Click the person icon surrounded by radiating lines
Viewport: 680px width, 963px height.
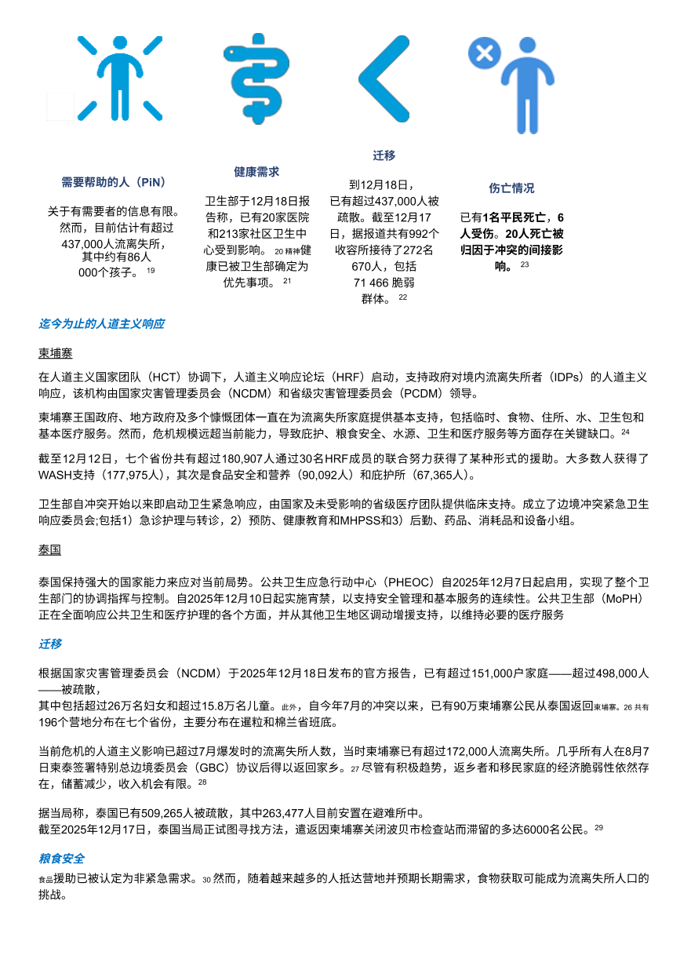[119, 78]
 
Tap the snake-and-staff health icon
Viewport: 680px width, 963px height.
[256, 78]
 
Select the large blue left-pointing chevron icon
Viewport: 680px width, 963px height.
[384, 78]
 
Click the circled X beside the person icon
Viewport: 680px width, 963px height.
[484, 53]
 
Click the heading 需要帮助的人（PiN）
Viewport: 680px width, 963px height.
[114, 182]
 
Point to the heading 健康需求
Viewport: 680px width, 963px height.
[256, 171]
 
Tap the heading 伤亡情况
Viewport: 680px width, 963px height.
[511, 188]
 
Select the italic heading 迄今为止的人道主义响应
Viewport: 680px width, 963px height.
[101, 323]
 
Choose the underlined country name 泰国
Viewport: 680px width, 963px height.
[49, 550]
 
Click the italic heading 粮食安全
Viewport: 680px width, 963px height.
[61, 859]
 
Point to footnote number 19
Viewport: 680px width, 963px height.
[151, 271]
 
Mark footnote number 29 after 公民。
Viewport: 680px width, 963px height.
[598, 827]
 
